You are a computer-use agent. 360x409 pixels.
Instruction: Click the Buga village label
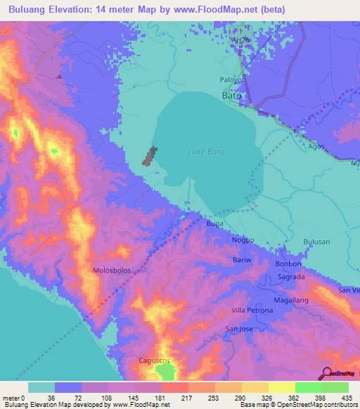tap(214, 223)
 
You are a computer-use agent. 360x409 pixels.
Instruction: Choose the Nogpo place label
tap(243, 240)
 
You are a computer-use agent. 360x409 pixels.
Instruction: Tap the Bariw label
tap(241, 260)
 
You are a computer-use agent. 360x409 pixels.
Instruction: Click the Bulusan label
tap(316, 242)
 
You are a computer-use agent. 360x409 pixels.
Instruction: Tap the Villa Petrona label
tap(252, 310)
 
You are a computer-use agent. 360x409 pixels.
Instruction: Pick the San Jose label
tap(238, 328)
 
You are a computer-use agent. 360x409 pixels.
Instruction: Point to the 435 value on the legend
tap(347, 397)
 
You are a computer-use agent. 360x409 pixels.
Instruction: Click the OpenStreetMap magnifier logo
tap(327, 374)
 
